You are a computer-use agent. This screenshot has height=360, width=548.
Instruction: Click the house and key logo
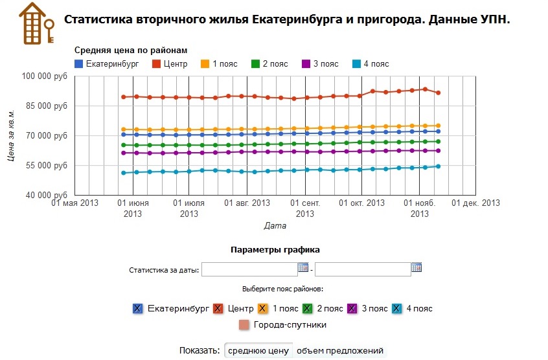(x=36, y=22)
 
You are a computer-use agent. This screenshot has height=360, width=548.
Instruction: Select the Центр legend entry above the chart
(x=170, y=64)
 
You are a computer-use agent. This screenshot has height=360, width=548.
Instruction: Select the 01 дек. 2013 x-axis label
(x=476, y=203)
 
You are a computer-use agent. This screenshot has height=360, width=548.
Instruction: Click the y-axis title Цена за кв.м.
(x=11, y=136)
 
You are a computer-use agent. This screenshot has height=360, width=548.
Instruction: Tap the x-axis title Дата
(x=275, y=226)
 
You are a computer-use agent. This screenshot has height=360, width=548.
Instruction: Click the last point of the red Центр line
(x=439, y=93)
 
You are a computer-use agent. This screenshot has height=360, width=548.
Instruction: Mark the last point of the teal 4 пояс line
(x=439, y=166)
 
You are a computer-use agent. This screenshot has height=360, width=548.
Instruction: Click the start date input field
(x=249, y=269)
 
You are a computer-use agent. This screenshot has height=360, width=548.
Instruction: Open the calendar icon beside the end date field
(x=417, y=267)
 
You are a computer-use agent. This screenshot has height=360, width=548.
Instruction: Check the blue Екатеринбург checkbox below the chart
(x=137, y=309)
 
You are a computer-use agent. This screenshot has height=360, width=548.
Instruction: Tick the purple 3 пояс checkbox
(x=354, y=309)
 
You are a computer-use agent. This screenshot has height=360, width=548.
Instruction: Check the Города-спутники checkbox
(x=244, y=324)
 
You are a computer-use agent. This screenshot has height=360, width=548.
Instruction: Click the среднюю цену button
(x=258, y=351)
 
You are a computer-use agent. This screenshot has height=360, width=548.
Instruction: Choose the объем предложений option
(x=339, y=351)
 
